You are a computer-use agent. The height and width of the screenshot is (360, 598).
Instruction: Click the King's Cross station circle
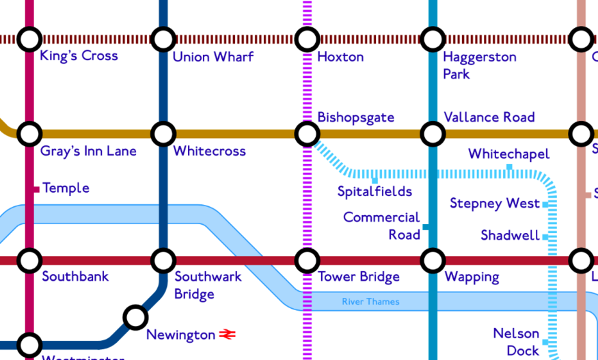(29, 39)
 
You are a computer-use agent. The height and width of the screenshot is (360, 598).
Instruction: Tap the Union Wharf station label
(213, 57)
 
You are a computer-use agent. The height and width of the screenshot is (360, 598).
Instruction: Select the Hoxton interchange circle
(307, 39)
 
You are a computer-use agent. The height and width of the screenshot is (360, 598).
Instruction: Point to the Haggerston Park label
(479, 65)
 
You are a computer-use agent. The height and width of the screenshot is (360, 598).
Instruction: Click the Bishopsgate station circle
(307, 134)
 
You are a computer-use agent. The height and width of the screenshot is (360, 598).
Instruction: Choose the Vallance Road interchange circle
(433, 134)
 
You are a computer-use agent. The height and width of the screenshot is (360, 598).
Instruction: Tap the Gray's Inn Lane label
(88, 151)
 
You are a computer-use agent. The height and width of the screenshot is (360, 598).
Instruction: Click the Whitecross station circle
(163, 134)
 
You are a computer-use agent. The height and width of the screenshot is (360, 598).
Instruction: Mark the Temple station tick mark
(37, 189)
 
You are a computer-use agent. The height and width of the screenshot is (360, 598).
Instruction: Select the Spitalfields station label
(375, 191)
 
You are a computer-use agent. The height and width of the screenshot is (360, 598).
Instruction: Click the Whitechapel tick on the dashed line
(509, 167)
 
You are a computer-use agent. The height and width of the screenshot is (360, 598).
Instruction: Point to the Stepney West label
(494, 204)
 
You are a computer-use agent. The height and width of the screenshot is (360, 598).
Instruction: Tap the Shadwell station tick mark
(545, 236)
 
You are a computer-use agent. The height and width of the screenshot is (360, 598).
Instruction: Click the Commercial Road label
(381, 226)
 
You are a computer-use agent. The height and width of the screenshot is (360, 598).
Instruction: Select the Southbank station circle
(29, 260)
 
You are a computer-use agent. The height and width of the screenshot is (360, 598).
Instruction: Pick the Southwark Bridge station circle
(163, 260)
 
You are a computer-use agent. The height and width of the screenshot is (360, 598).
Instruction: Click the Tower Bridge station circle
(307, 260)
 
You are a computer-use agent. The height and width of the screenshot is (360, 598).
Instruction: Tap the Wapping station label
(472, 277)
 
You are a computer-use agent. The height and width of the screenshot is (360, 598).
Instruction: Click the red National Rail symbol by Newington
(227, 335)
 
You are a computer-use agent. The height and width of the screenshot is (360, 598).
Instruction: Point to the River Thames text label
(370, 301)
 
